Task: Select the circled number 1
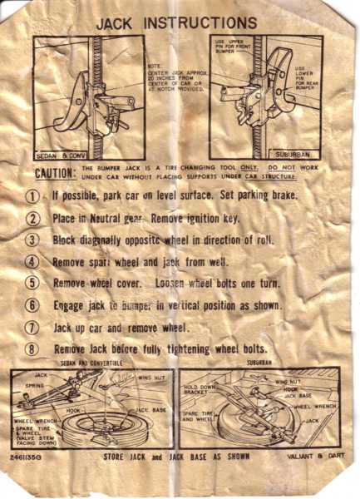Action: click(33, 197)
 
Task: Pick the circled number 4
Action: click(33, 261)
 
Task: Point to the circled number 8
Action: click(33, 349)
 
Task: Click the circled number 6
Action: click(33, 305)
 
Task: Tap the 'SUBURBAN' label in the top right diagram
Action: click(297, 156)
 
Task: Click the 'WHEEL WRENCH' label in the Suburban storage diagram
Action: click(313, 408)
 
